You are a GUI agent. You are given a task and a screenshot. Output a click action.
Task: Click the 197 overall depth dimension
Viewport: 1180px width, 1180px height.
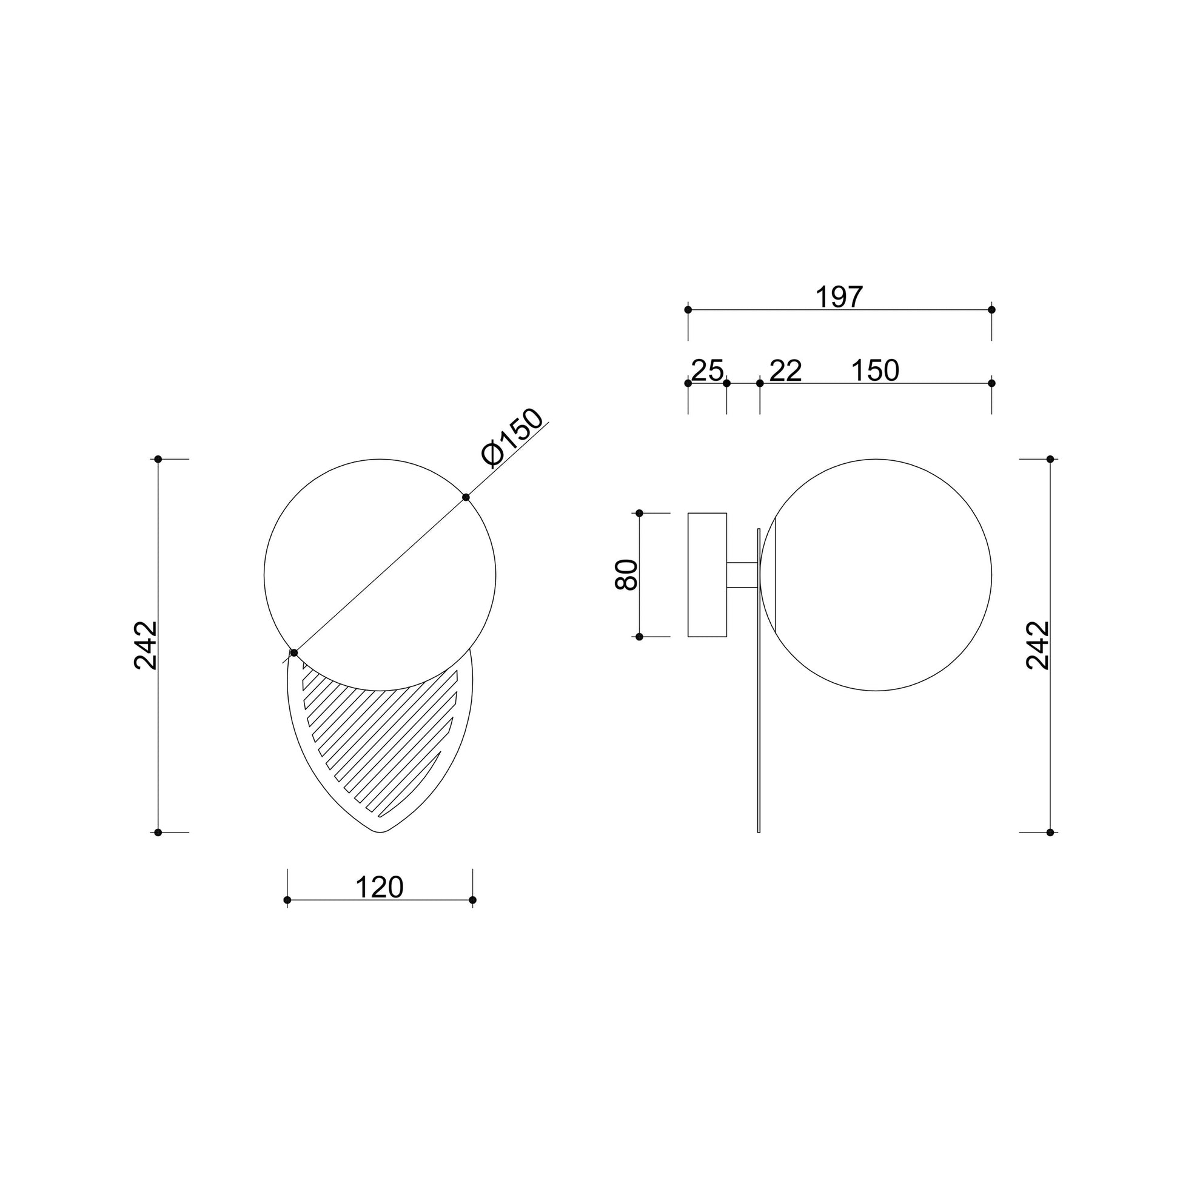(839, 298)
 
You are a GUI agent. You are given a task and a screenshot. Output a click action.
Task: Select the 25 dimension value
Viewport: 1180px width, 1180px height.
(707, 370)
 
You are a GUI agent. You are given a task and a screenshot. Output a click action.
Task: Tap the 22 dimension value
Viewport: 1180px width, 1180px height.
(785, 370)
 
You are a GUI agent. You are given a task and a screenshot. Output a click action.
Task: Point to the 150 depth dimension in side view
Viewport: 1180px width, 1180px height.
(875, 370)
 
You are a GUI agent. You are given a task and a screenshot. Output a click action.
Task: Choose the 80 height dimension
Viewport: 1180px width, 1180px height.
(626, 575)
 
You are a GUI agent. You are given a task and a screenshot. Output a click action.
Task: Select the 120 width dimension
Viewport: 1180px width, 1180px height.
(380, 888)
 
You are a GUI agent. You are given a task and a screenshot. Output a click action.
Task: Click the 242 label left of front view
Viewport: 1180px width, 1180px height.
(146, 645)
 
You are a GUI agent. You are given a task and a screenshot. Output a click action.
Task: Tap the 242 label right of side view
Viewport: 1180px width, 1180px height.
(1038, 645)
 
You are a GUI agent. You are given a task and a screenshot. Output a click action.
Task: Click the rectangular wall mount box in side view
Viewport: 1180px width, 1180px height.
(707, 575)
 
